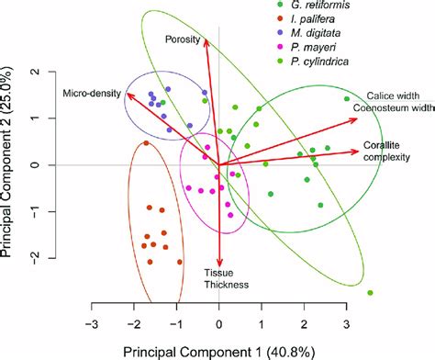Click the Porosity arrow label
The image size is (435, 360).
click(x=183, y=39)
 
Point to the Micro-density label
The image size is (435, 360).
click(x=88, y=93)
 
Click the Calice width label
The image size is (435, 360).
click(x=393, y=96)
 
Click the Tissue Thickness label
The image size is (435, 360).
click(x=220, y=278)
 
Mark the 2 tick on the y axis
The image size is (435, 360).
click(x=34, y=71)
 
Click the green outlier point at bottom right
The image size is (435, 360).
click(x=370, y=293)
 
